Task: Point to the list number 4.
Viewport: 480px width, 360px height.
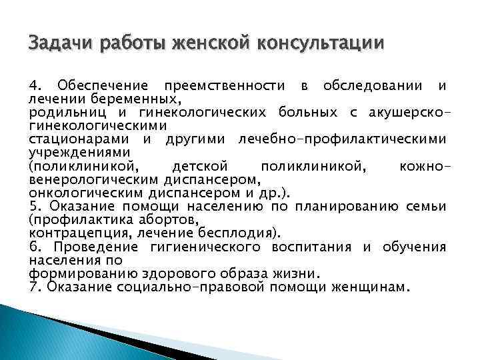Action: pyautogui.click(x=35, y=86)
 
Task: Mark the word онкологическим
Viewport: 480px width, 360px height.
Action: pyautogui.click(x=89, y=192)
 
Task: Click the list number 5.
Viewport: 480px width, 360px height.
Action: pyautogui.click(x=35, y=206)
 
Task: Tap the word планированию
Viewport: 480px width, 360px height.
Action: pyautogui.click(x=347, y=206)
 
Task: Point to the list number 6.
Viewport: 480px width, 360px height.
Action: pyautogui.click(x=35, y=247)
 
